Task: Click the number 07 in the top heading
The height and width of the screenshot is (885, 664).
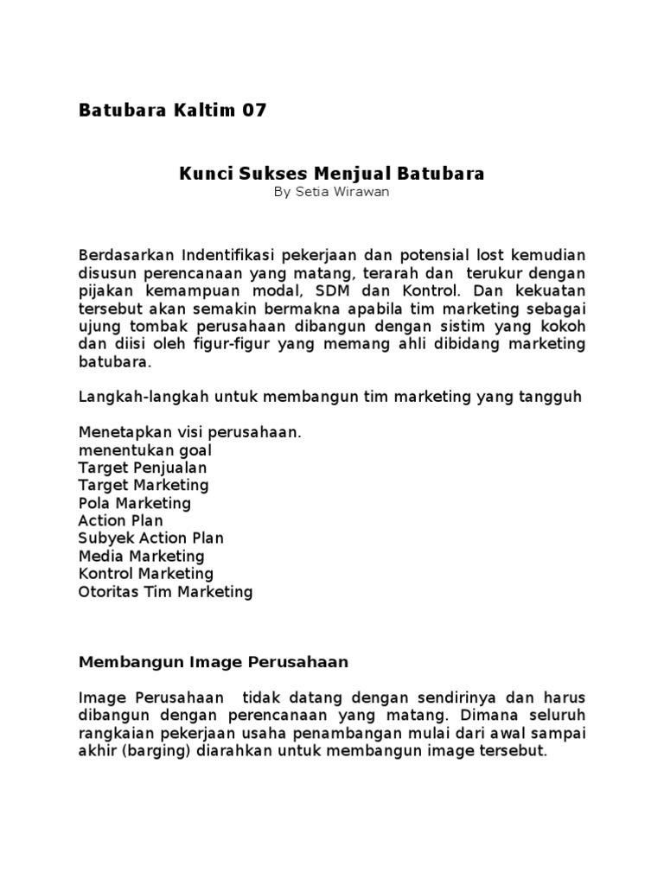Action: [x=254, y=111]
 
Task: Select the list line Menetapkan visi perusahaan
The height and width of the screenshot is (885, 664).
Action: [x=190, y=432]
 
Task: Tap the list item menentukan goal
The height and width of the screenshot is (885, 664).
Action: [x=145, y=450]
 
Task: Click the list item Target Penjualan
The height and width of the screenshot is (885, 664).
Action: [x=143, y=468]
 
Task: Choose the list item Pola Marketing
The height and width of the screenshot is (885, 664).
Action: [x=135, y=503]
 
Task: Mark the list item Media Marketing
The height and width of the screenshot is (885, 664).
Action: [x=141, y=556]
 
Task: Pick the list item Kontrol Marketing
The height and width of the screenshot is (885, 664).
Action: [x=145, y=574]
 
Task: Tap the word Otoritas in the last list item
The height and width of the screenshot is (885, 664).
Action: [x=107, y=592]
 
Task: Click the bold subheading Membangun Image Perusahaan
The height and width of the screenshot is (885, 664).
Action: [x=213, y=662]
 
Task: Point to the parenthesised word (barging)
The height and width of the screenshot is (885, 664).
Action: [x=152, y=751]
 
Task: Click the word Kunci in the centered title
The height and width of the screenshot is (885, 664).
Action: [x=201, y=174]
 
